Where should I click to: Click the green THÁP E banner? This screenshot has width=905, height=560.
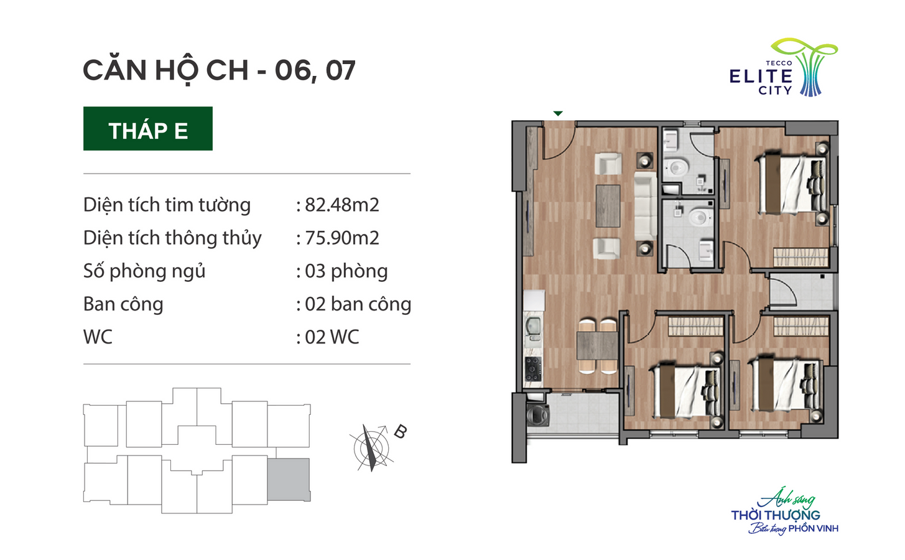point(148,128)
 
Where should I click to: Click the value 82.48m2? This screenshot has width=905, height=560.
point(342,205)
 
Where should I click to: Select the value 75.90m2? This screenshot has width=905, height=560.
point(342,238)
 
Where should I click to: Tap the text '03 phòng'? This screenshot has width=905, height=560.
point(346,271)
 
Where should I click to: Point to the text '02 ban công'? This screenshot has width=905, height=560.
point(358,304)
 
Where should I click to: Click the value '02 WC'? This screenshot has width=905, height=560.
point(332,337)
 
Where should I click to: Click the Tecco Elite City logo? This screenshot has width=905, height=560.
point(783,67)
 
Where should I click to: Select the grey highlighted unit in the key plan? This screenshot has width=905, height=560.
point(289,480)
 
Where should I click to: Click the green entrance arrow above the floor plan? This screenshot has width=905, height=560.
point(558,113)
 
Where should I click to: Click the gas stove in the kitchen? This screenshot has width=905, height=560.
point(533,369)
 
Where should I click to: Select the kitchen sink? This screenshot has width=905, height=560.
point(533,328)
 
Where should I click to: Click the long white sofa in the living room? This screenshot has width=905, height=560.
point(645,207)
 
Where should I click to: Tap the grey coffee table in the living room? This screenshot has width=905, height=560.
point(608,206)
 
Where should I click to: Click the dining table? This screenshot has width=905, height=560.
point(597,345)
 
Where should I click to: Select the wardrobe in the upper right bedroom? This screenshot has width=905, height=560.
point(801,257)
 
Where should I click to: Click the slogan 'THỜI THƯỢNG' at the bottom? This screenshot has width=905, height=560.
point(776,515)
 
